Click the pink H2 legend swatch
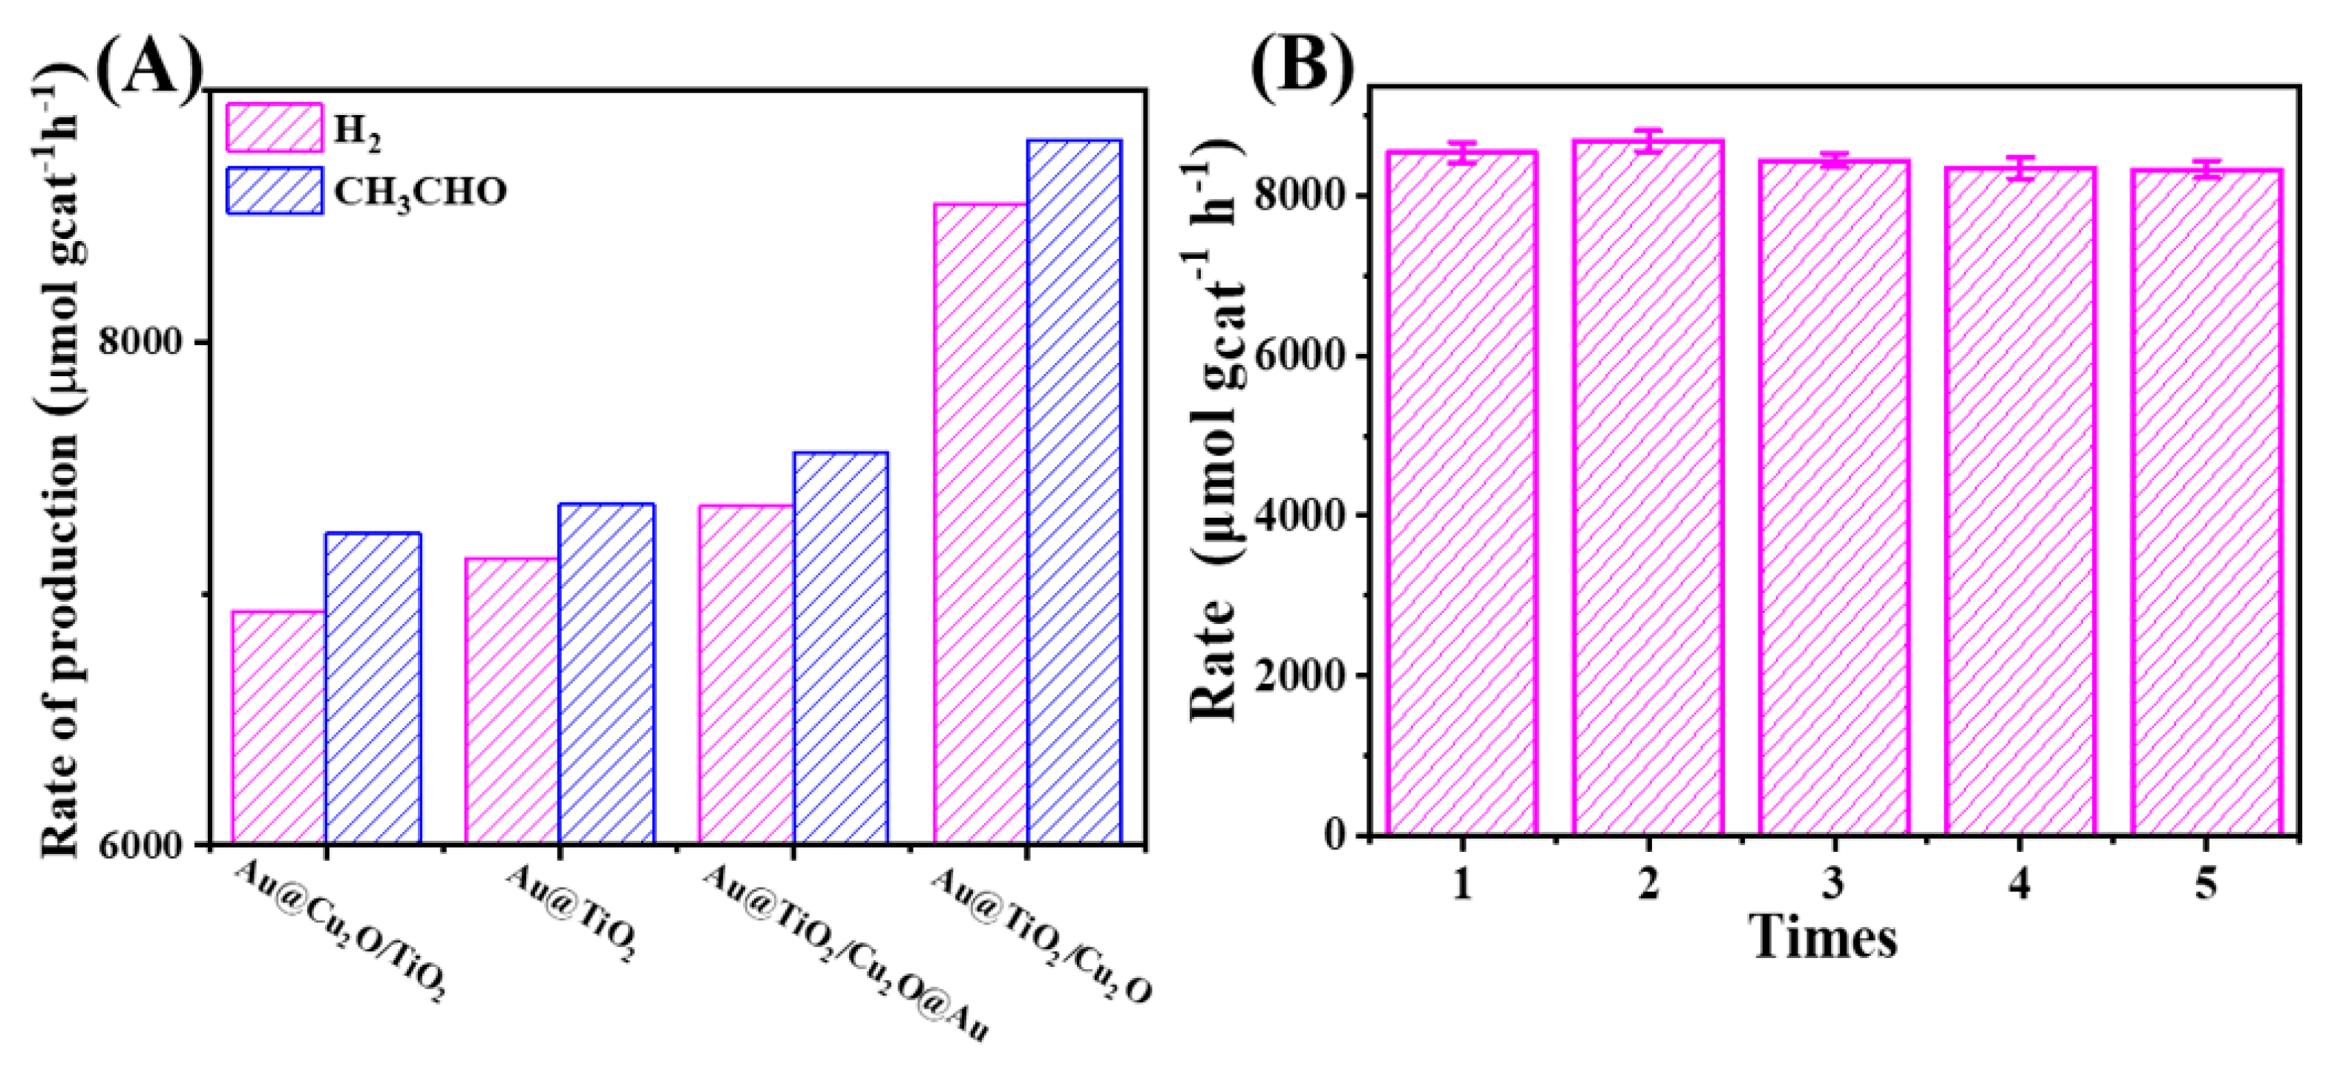pos(274,128)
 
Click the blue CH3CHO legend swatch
pos(274,190)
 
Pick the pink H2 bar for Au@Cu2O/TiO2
pos(278,727)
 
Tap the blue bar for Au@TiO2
pos(606,673)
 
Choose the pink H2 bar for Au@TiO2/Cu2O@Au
pos(746,674)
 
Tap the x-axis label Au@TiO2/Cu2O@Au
pos(845,964)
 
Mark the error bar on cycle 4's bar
pos(2020,168)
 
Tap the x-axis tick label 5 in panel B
pos(2206,882)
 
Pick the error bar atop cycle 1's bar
pos(1462,152)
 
